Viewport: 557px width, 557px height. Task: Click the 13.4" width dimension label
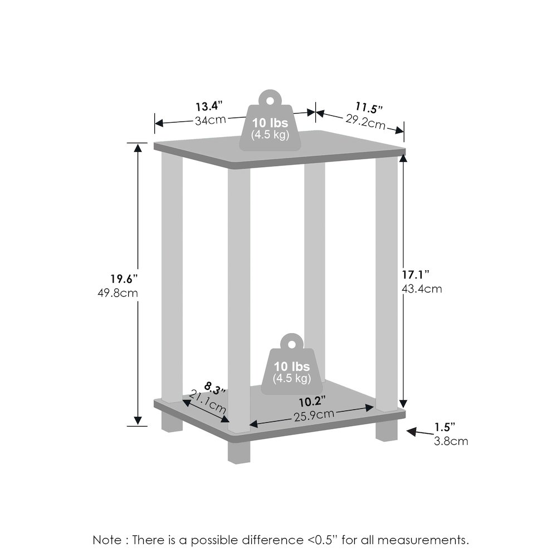[x=209, y=106]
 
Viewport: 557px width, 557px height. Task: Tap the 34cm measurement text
[x=211, y=120]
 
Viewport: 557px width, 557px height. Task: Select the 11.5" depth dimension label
[x=369, y=107]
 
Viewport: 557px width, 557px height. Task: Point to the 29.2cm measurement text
[x=365, y=122]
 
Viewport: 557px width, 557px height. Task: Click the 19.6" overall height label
[x=124, y=279]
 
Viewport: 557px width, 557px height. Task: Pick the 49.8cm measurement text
[x=118, y=293]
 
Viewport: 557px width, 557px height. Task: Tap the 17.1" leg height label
[x=416, y=274]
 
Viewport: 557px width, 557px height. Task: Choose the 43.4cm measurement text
[x=422, y=289]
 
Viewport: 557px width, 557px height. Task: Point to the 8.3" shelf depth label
[x=215, y=388]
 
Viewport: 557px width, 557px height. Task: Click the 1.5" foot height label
[x=444, y=427]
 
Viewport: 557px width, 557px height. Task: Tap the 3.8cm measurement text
[x=451, y=441]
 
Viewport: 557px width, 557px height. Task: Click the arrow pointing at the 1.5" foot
[x=420, y=432]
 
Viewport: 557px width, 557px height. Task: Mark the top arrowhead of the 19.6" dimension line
[x=138, y=147]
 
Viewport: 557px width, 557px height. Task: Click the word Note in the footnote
[x=107, y=540]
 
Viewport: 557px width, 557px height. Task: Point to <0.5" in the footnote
[x=327, y=540]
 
